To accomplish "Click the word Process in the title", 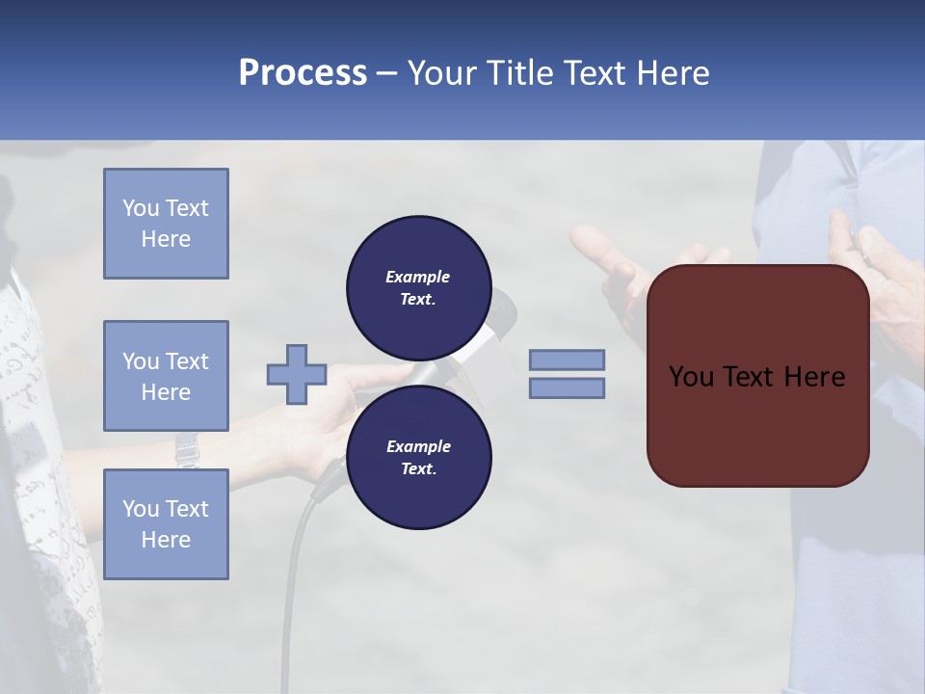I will (303, 73).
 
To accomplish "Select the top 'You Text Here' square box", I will (166, 224).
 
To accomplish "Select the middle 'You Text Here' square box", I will (166, 376).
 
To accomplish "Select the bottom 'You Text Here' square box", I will (166, 524).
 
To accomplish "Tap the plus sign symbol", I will (297, 374).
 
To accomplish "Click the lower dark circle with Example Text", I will (418, 457).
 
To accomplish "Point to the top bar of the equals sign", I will (567, 360).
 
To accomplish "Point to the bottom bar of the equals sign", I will (567, 387).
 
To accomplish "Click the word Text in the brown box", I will (748, 377).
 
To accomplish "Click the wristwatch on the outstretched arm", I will (186, 447).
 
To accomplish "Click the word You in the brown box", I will (690, 377).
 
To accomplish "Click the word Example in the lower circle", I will (418, 446).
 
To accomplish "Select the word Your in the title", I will (443, 73).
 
